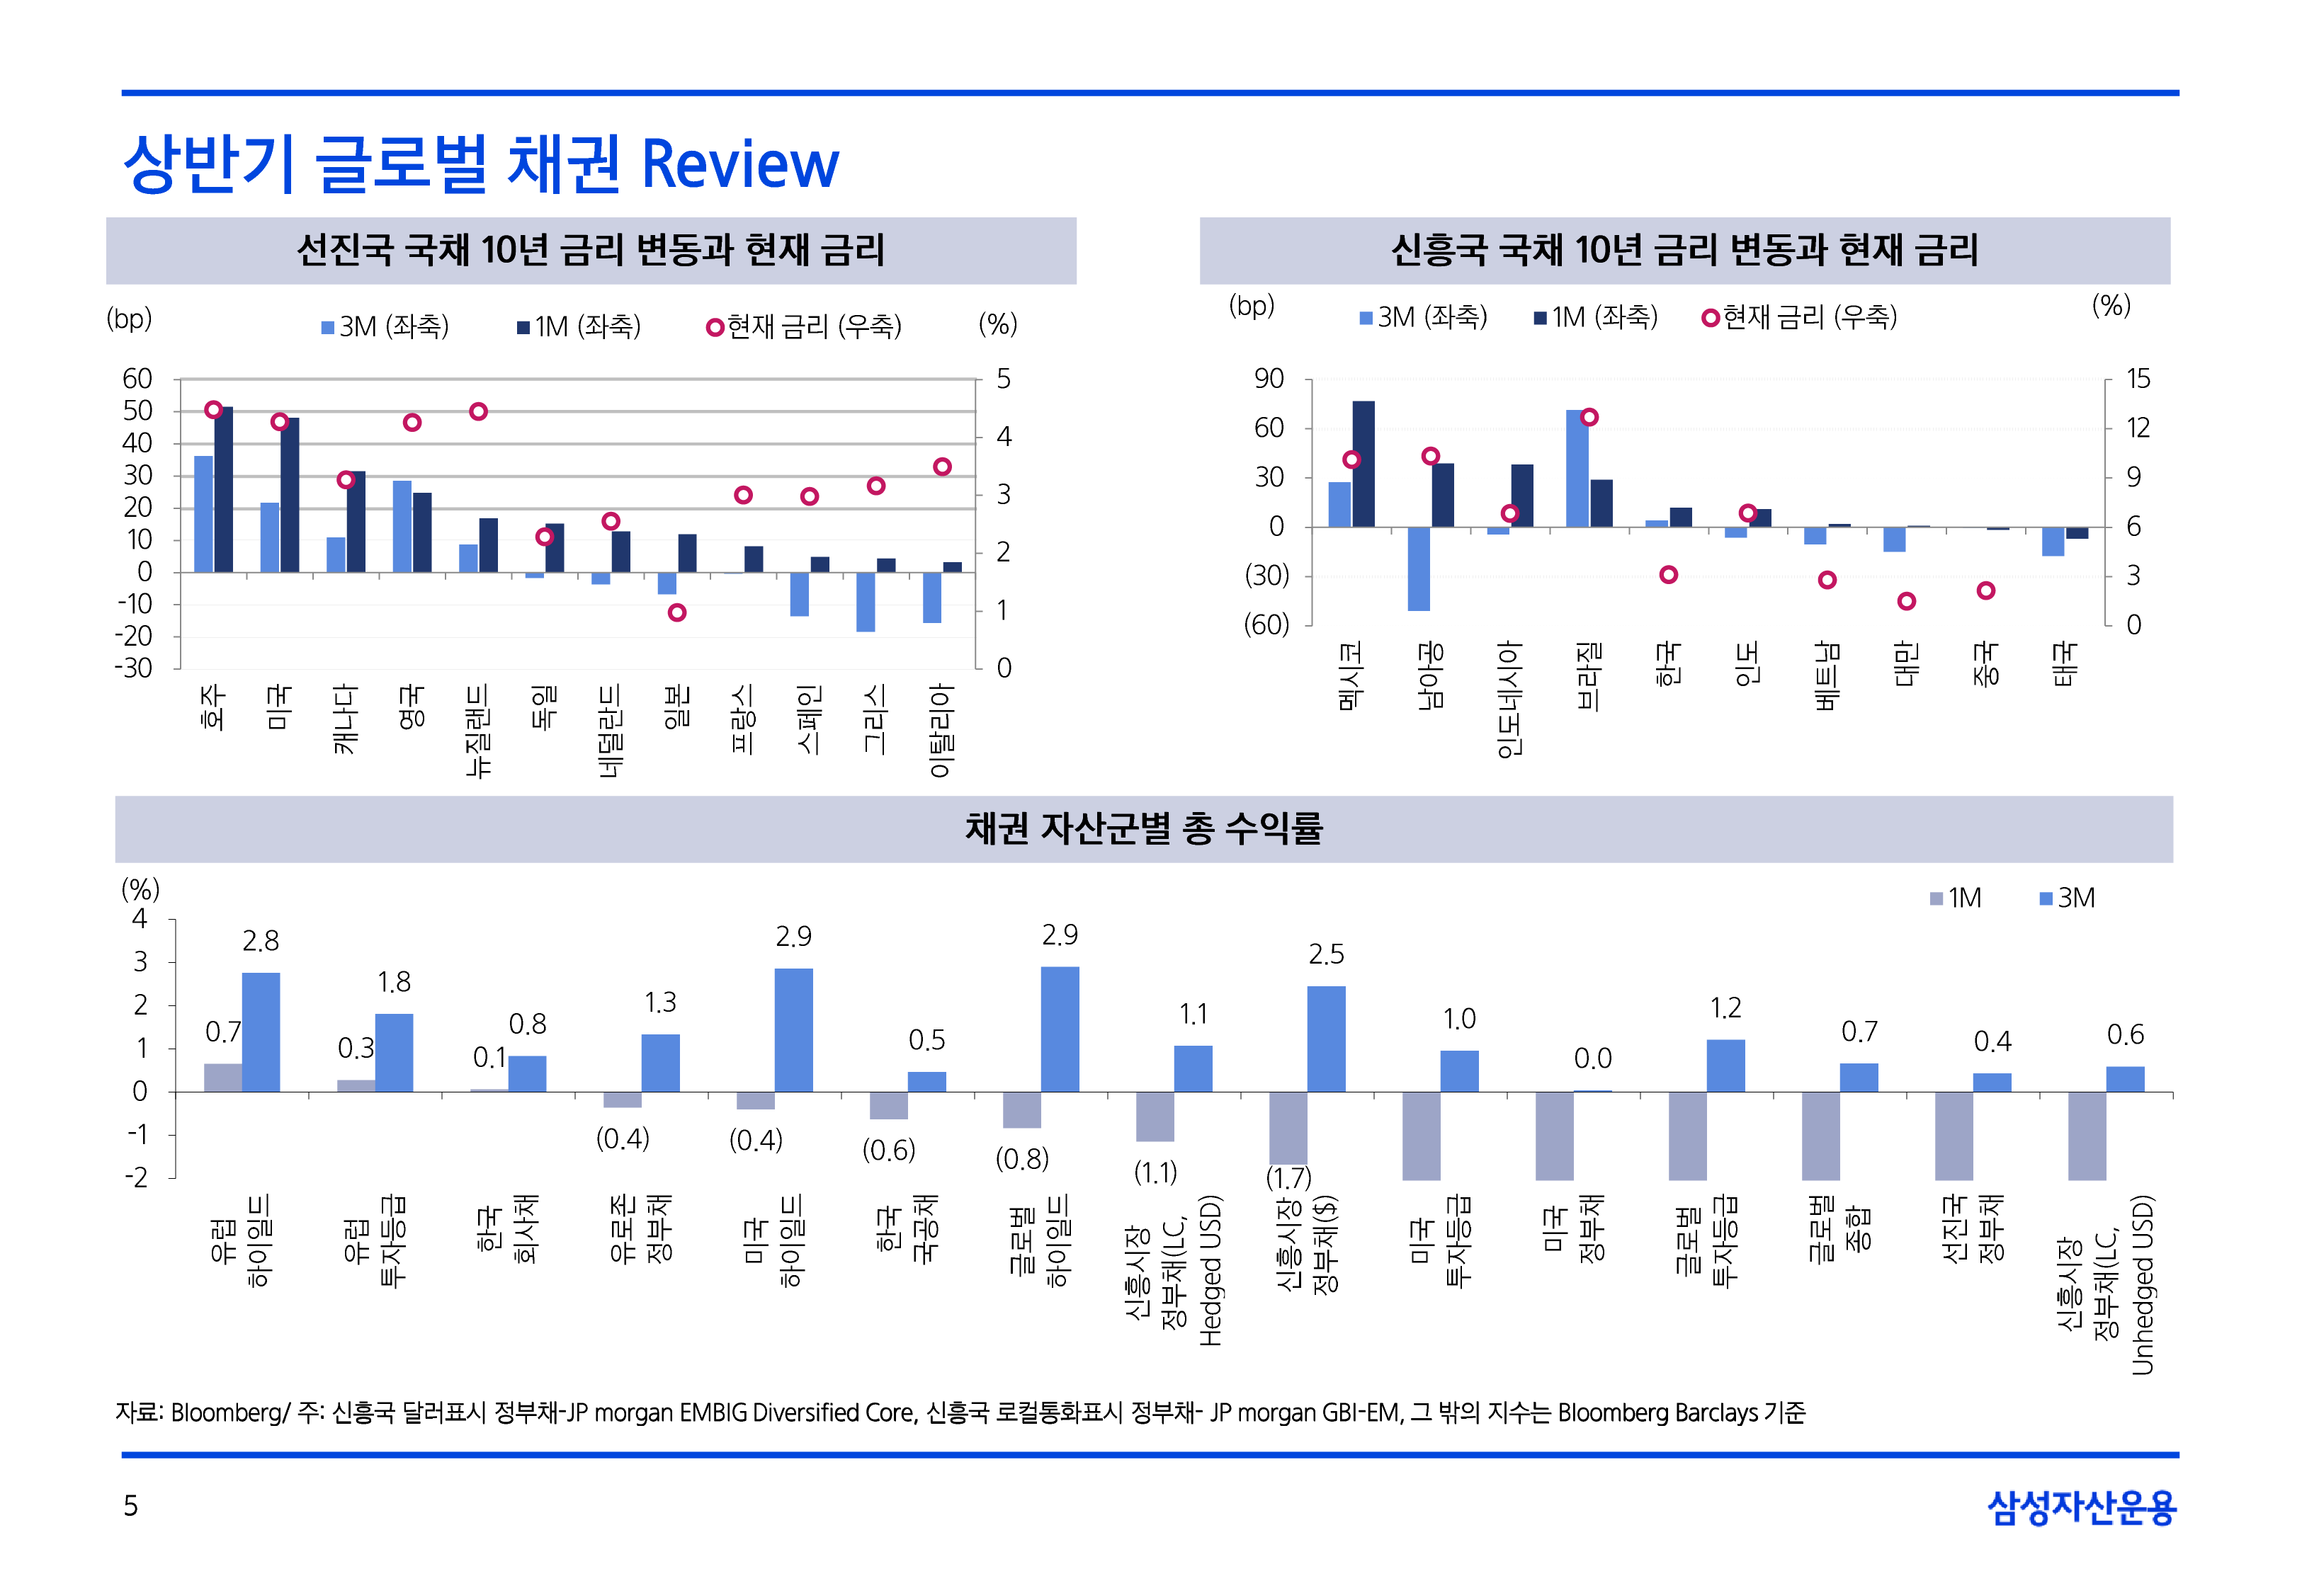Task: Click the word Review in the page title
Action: (739, 165)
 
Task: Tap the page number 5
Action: (131, 1505)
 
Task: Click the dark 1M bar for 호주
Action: (224, 489)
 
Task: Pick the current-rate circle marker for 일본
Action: (677, 612)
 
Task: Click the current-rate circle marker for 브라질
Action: (1589, 417)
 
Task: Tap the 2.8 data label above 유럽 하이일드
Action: (261, 940)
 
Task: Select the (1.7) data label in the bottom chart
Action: (1288, 1178)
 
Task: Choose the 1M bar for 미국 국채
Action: (1554, 1136)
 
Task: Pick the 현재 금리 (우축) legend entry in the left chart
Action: (804, 326)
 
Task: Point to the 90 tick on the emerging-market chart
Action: (1268, 379)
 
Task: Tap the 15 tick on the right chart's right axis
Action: (2137, 379)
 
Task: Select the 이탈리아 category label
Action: (941, 730)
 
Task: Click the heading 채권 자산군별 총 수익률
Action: (1143, 828)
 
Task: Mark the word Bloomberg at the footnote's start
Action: (226, 1412)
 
